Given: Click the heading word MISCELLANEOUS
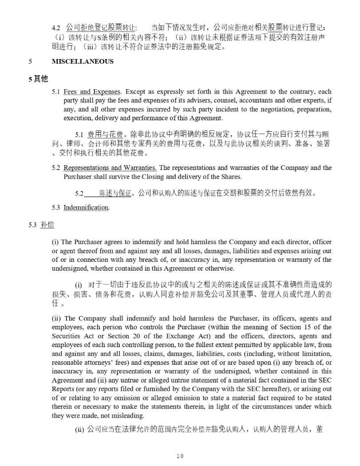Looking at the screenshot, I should click(83, 62).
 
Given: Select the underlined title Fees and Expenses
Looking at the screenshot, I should click(92, 92).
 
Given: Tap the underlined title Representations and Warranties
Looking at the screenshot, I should click(110, 168).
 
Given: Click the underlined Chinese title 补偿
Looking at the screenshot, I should click(47, 225).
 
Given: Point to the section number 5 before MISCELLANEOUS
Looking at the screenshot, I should click(30, 62).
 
